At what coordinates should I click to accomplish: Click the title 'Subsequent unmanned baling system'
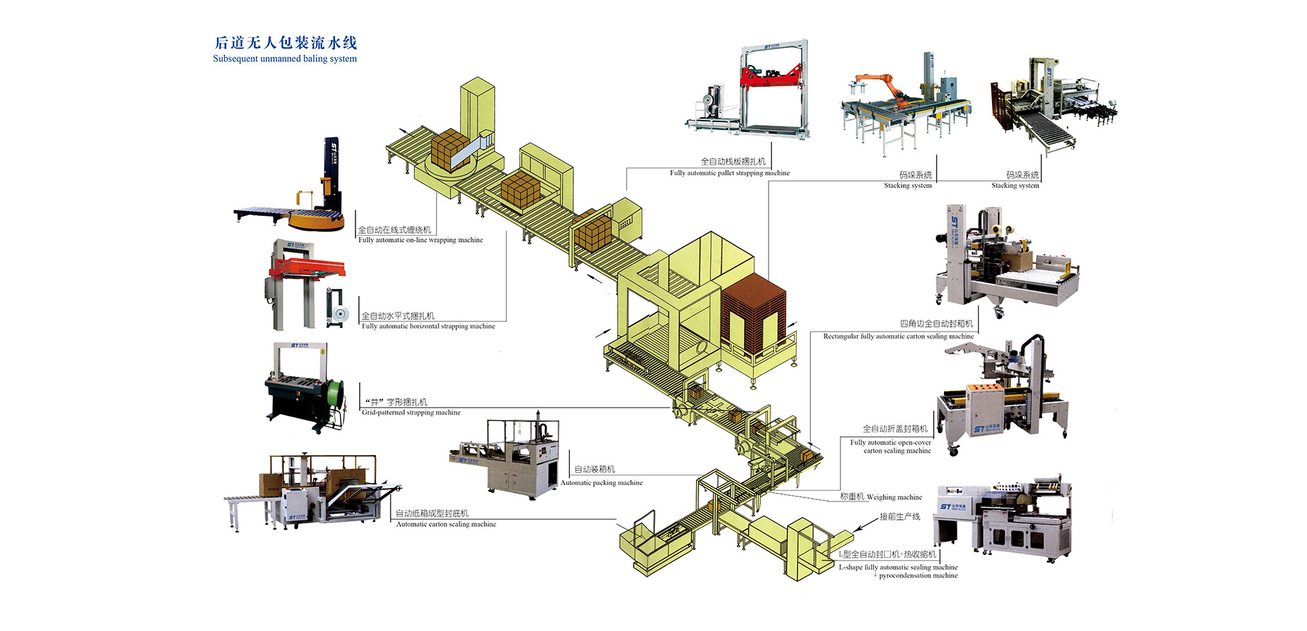[x=284, y=59]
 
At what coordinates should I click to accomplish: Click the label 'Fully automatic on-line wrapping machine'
[x=420, y=240]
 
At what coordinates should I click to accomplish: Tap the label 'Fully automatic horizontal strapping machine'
[x=428, y=327]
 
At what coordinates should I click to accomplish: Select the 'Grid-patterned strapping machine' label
[x=411, y=413]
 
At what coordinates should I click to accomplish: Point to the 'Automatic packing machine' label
[x=601, y=483]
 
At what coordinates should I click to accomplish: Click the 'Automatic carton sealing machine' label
[x=446, y=525]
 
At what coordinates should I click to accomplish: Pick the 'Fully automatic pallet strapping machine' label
[x=730, y=173]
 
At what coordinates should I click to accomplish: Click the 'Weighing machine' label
[x=894, y=497]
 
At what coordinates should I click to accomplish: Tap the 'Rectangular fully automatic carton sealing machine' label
[x=898, y=337]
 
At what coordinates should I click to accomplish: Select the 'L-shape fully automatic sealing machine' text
[x=898, y=568]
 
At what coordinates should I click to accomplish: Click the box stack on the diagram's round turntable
[x=449, y=149]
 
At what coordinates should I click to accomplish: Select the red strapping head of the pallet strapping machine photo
[x=770, y=76]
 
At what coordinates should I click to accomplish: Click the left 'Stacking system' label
[x=908, y=186]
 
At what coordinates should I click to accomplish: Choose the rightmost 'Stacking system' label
[x=1015, y=186]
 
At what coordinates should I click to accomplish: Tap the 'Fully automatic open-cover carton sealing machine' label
[x=891, y=447]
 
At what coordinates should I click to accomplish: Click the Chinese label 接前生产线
[x=899, y=517]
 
